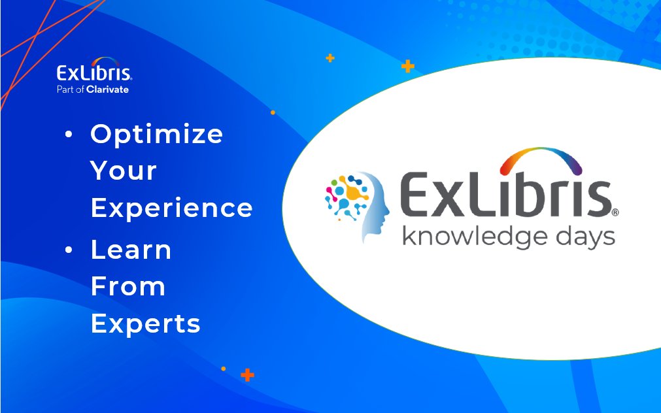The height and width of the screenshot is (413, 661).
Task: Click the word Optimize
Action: tap(157, 135)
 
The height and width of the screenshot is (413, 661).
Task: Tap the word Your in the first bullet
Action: tap(124, 171)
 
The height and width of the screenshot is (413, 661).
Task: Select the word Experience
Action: tap(171, 208)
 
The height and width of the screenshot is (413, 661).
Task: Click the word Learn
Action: tap(131, 250)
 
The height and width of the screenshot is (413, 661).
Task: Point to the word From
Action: tap(127, 286)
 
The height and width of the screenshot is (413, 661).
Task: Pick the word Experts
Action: tap(145, 323)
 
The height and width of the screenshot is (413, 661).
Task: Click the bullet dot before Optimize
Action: tap(69, 135)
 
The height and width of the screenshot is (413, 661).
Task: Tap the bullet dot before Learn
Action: tap(69, 250)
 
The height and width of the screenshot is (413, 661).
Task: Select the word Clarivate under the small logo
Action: tap(108, 90)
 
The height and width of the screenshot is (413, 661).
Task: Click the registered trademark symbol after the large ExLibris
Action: tap(615, 212)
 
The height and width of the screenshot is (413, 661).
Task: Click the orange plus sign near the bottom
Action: tap(247, 375)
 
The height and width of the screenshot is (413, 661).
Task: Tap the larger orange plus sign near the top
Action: tap(408, 66)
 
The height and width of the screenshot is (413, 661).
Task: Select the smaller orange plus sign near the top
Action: tap(330, 58)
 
